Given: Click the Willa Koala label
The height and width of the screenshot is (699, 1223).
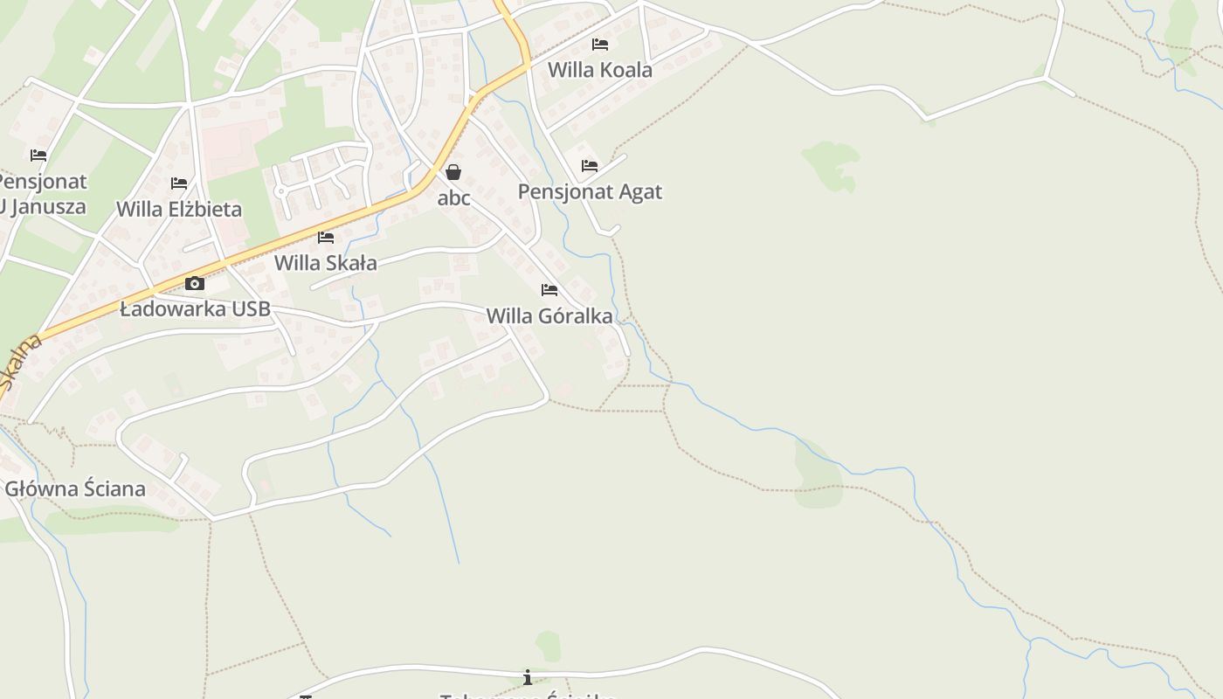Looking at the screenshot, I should [x=599, y=70].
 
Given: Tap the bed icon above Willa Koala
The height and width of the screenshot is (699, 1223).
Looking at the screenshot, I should [x=599, y=44].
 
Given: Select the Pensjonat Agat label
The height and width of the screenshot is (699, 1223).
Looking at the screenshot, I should [x=590, y=191].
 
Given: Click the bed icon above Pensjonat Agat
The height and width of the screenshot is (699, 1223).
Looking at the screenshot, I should [x=590, y=165].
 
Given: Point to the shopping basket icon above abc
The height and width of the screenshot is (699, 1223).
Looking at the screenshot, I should [x=453, y=172].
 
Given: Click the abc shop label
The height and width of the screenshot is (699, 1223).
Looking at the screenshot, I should [x=453, y=198].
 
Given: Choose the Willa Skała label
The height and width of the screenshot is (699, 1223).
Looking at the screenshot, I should [x=326, y=263].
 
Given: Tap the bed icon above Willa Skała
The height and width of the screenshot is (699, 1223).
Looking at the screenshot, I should [x=326, y=237].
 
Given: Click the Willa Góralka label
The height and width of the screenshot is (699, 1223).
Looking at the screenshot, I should [x=549, y=316].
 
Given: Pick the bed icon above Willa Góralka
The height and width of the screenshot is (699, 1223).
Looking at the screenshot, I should [x=549, y=289].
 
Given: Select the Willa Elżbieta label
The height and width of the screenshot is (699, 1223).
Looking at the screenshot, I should [x=179, y=210].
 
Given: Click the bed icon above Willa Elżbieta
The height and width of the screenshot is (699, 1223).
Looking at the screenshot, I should [x=179, y=183].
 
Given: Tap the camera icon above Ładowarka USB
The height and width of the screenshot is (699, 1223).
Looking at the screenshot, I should [x=195, y=283].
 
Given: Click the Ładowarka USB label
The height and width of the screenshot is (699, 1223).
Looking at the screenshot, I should [x=195, y=309].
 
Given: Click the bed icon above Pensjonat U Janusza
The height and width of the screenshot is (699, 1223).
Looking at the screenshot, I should [x=38, y=156].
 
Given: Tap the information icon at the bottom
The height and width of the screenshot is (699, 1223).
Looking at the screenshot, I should [x=528, y=677].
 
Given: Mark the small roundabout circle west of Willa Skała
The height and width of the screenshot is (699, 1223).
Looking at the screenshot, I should [x=280, y=190].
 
